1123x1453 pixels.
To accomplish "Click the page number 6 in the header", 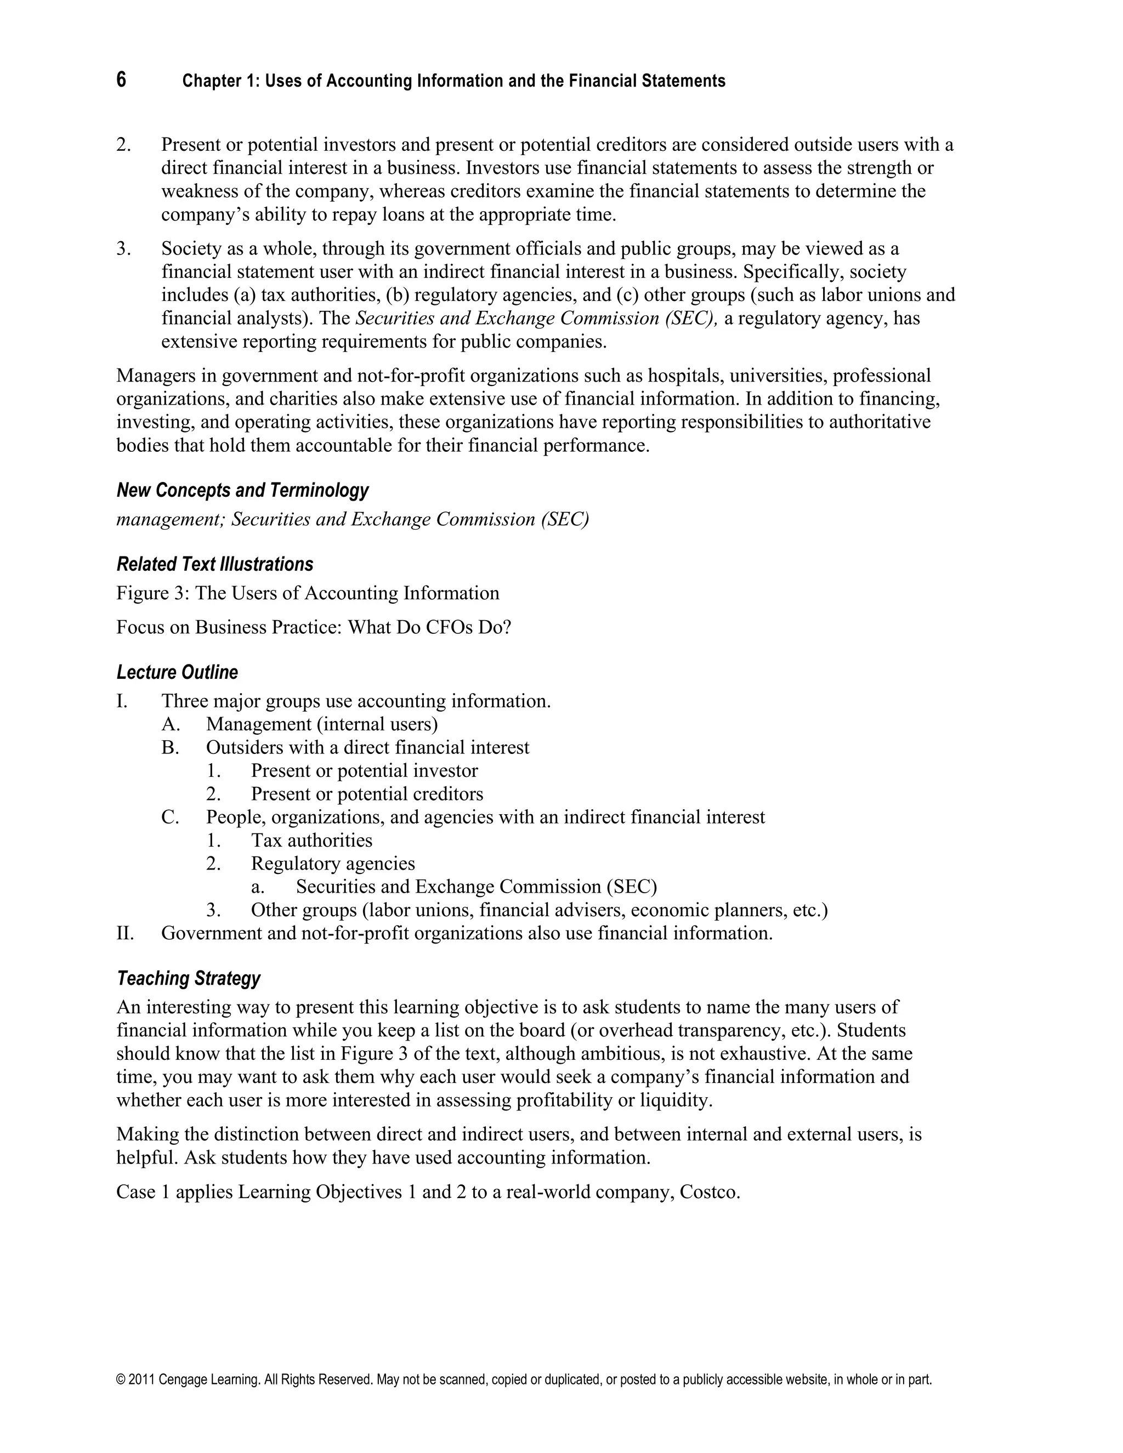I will pos(121,80).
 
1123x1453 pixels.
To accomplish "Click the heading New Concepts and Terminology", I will pos(242,490).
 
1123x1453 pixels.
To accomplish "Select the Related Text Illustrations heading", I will pos(214,564).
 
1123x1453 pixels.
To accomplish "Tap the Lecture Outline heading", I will pos(177,672).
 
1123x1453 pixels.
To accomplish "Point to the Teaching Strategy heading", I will pos(188,978).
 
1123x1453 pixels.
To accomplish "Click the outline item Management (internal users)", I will pos(322,724).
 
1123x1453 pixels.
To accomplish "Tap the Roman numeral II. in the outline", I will pos(125,933).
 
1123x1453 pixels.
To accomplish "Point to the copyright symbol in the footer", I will pos(121,1380).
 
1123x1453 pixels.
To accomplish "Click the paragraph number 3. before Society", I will pos(124,249).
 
